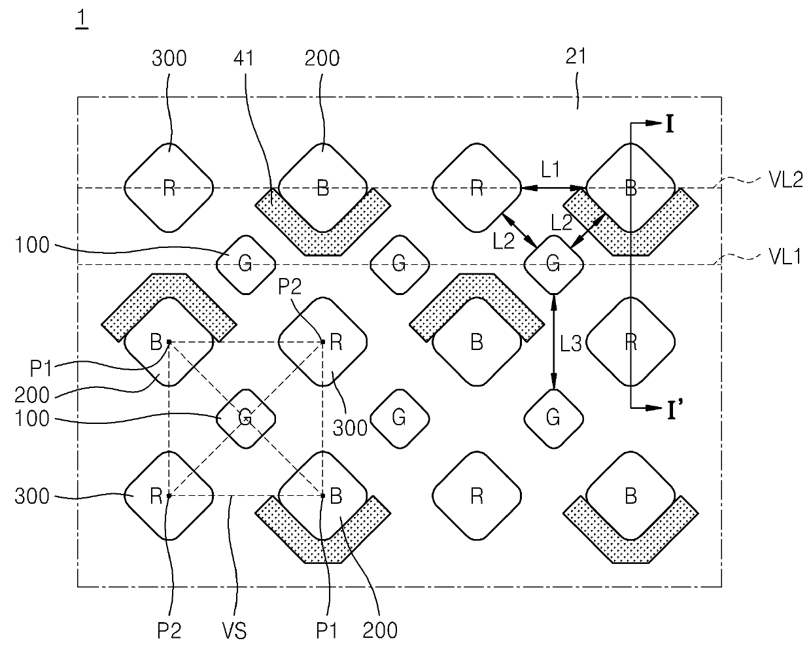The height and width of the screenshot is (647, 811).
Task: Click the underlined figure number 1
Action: [82, 19]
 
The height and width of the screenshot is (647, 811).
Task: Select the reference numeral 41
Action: [244, 58]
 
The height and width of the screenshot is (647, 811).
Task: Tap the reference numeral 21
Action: [576, 57]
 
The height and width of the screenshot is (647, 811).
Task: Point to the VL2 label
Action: [785, 180]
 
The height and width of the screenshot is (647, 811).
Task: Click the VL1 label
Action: [785, 256]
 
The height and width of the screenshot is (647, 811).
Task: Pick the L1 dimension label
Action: [551, 169]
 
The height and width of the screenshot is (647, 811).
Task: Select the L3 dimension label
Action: [570, 343]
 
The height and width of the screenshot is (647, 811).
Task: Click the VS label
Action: [234, 631]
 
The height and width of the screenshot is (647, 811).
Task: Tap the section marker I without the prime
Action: [669, 124]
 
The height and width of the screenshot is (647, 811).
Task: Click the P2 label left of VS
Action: [169, 631]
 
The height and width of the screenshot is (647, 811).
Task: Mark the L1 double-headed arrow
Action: [553, 188]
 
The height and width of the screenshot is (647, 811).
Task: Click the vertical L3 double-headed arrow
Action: [554, 341]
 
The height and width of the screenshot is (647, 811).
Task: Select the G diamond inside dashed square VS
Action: [246, 419]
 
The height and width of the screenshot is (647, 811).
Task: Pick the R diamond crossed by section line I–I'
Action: [631, 342]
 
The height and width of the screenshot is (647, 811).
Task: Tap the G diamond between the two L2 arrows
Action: [553, 265]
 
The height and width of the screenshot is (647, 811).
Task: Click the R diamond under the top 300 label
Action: [169, 188]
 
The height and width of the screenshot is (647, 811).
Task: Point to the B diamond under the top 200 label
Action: [322, 188]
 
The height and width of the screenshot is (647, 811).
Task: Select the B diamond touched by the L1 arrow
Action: [631, 188]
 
